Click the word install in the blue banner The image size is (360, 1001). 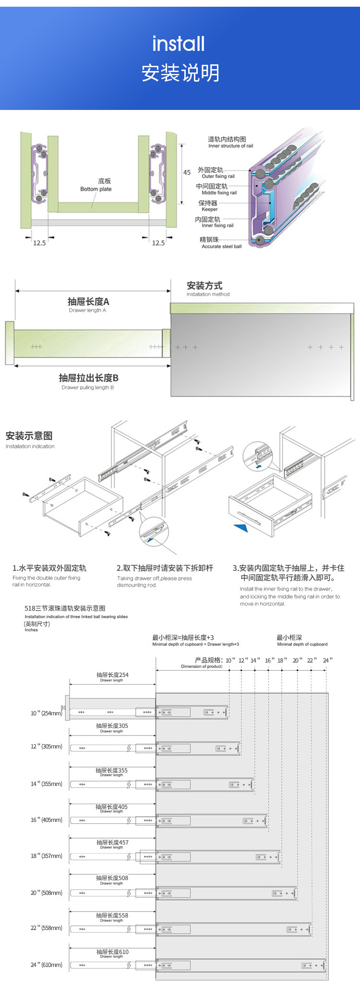(179, 44)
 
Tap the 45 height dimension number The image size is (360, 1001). (187, 172)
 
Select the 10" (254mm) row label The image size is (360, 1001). (47, 713)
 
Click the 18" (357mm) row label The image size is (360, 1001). (47, 856)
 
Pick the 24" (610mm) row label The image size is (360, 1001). (47, 965)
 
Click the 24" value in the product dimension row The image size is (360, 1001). (327, 661)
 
